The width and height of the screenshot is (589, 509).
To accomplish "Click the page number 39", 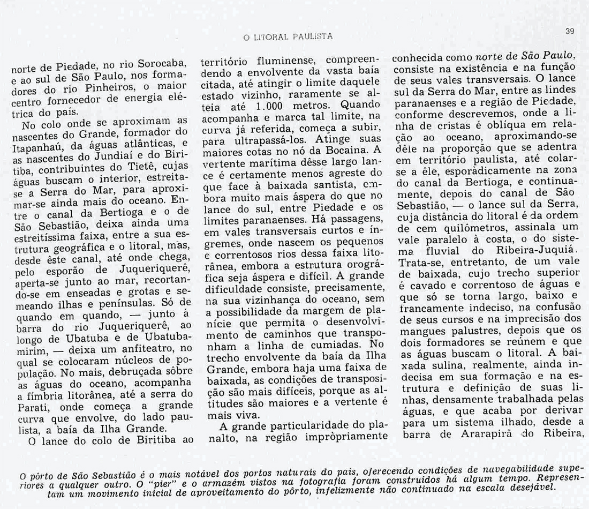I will click(569, 32).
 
